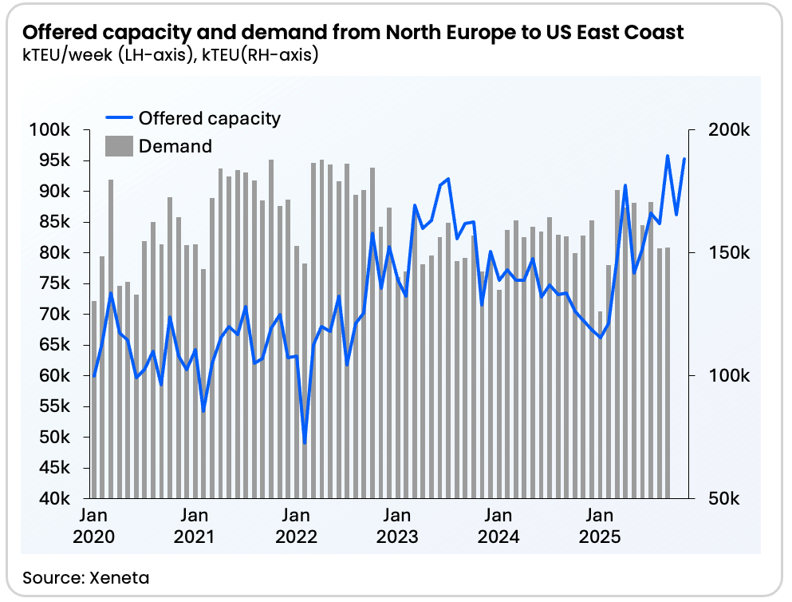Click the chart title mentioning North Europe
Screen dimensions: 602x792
tap(353, 33)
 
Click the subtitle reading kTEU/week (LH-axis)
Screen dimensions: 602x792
tap(169, 56)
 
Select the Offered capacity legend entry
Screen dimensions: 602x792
tap(209, 118)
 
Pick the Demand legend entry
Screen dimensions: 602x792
tap(175, 146)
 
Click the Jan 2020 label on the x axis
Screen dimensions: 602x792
tap(94, 526)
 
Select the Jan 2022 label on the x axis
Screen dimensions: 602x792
tap(296, 526)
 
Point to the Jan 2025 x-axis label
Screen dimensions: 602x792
tap(599, 526)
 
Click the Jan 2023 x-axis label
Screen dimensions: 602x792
tap(397, 526)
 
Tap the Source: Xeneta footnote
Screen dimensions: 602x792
tap(86, 576)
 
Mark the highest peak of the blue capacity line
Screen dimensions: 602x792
tap(668, 156)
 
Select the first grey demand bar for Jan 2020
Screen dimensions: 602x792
tap(94, 399)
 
